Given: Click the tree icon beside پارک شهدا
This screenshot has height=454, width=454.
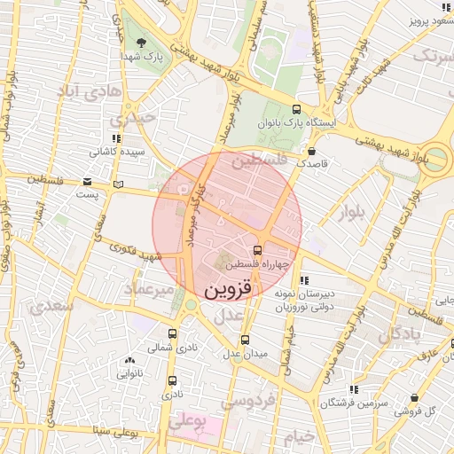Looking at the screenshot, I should pyautogui.click(x=141, y=42).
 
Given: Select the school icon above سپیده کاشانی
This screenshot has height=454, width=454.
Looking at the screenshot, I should pyautogui.click(x=116, y=138).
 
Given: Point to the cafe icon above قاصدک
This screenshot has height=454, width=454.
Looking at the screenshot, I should pyautogui.click(x=310, y=152).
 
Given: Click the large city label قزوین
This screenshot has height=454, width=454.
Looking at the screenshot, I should pyautogui.click(x=229, y=289).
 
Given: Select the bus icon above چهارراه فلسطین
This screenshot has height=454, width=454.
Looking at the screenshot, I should pyautogui.click(x=257, y=251).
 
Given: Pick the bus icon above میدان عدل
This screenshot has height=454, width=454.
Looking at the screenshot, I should pyautogui.click(x=245, y=340).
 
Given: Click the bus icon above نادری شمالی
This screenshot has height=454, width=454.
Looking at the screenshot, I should pyautogui.click(x=171, y=334).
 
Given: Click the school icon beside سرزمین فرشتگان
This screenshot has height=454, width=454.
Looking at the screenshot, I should pyautogui.click(x=354, y=388).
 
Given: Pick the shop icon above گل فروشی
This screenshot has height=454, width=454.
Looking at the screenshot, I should pyautogui.click(x=415, y=397).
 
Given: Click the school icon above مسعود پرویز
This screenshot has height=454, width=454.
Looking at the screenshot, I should pyautogui.click(x=443, y=6).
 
